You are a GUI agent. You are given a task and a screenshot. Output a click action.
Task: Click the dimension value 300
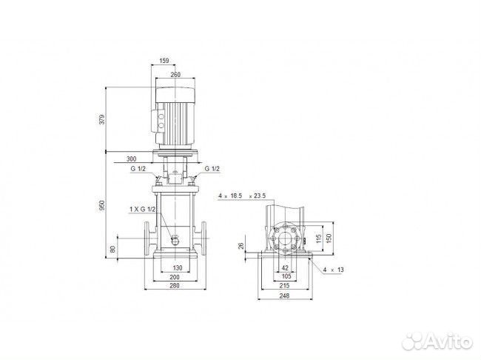pyautogui.click(x=131, y=159)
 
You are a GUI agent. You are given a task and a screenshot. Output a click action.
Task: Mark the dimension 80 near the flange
pyautogui.click(x=113, y=249)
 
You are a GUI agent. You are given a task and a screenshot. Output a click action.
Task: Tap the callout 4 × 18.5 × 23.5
pyautogui.click(x=246, y=196)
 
